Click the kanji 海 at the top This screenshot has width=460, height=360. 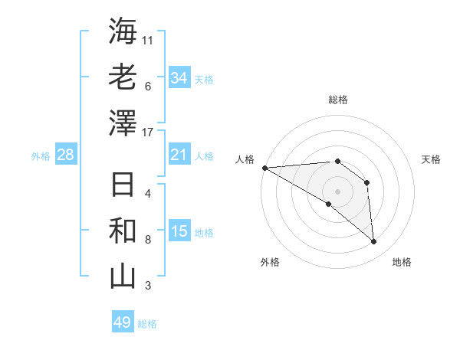point(123,32)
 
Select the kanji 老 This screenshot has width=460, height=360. point(123,78)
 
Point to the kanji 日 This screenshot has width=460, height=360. point(123,186)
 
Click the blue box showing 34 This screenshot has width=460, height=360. point(179,77)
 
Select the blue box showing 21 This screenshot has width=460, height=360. point(179,155)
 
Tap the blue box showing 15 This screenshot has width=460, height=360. point(179,232)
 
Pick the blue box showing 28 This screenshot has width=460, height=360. point(66,155)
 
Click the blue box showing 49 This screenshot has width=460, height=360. point(123,322)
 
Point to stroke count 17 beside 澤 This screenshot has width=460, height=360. point(148,133)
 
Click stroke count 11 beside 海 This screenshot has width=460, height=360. point(148,40)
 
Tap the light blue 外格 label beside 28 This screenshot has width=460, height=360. point(41,156)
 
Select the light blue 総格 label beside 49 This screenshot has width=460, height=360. point(147,324)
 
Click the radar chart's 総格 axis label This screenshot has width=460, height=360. point(337,100)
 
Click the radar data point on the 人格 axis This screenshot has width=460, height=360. point(264,168)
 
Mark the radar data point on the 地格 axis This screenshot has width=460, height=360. point(374,242)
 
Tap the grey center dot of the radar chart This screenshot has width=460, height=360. point(337,191)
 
